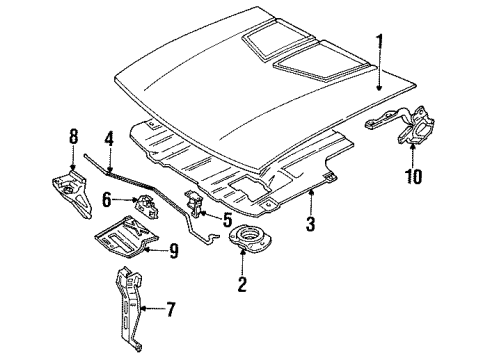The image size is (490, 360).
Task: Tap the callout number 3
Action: (311, 226)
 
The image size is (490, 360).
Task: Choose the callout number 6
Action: (106, 200)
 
